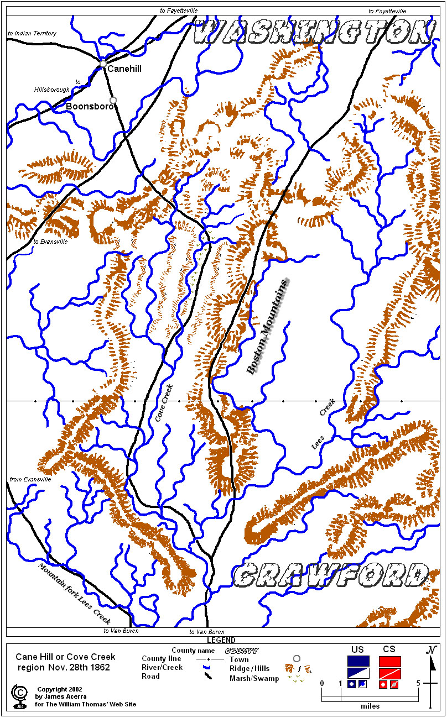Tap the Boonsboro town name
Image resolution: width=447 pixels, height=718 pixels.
89,106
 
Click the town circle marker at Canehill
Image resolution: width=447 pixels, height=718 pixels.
103,64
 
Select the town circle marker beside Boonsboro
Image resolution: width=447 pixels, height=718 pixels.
113,100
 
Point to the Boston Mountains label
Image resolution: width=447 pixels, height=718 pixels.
268,327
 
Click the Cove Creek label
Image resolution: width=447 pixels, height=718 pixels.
164,403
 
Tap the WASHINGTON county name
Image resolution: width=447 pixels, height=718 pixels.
313,32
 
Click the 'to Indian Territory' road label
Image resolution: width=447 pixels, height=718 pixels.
32,33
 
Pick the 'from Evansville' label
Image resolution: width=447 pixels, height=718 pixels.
30,479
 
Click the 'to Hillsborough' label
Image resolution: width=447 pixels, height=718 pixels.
55,86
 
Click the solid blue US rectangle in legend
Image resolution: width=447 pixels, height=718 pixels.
358,661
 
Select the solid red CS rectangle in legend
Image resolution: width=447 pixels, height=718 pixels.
389,661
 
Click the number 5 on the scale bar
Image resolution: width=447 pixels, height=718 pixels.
419,683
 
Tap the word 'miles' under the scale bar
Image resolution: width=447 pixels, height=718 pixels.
370,706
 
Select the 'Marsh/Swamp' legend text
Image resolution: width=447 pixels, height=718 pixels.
254,678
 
